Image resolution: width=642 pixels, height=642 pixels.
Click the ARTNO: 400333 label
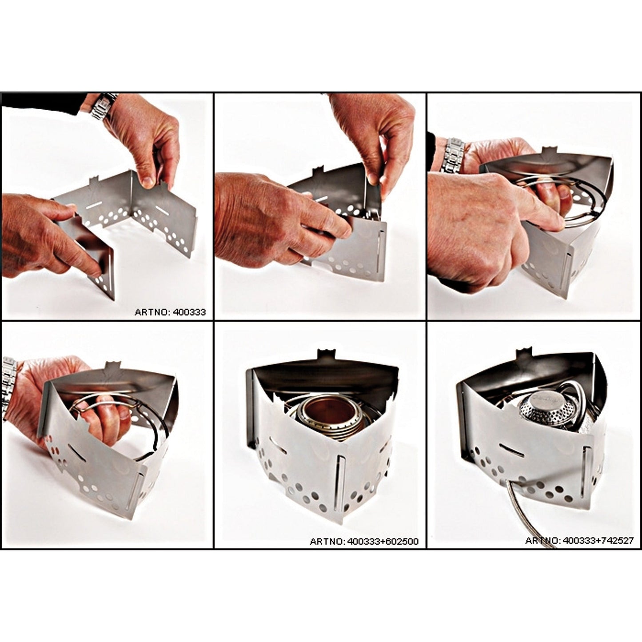[170, 312]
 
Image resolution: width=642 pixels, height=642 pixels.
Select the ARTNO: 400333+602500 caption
[364, 542]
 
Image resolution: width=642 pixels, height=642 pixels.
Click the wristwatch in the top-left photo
[104, 107]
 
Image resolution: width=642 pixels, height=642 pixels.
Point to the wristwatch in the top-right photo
[452, 153]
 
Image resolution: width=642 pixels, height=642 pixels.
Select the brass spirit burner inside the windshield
[319, 416]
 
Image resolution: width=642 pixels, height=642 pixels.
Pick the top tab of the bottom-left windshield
[112, 368]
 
